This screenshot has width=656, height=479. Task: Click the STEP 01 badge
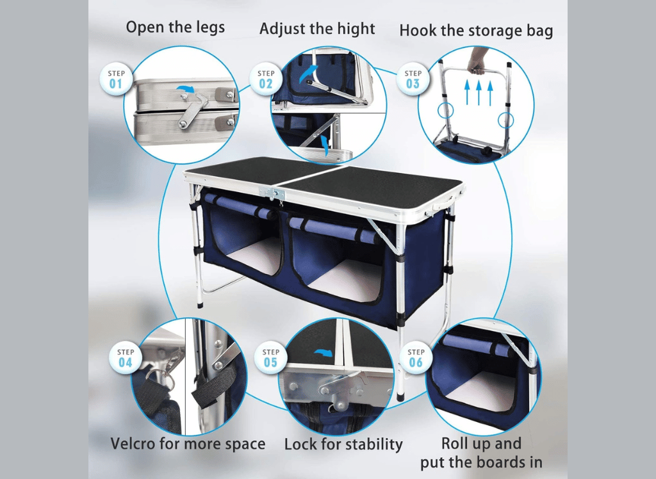tap(115, 79)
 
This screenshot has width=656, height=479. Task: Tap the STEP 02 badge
tap(266, 79)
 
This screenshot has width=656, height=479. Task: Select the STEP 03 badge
tap(413, 79)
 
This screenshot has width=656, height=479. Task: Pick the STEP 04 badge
tap(125, 358)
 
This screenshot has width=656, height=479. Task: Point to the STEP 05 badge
tap(270, 358)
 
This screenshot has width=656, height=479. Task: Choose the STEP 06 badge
tap(415, 358)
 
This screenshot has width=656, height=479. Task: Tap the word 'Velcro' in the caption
tap(133, 443)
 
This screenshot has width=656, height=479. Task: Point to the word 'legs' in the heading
tap(210, 28)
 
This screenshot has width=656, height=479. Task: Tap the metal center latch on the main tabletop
tap(272, 193)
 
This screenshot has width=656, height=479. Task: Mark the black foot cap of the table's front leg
tap(400, 396)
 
